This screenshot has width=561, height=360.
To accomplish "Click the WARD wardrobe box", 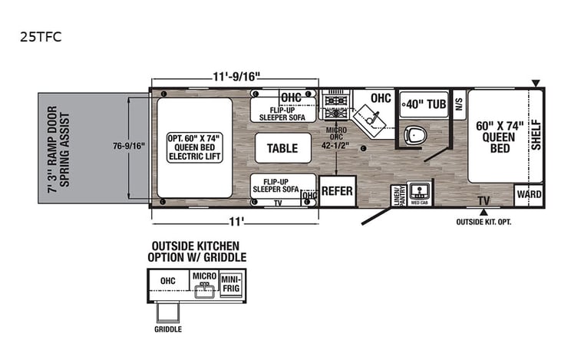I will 529,195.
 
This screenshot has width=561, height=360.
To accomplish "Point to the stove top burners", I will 334,101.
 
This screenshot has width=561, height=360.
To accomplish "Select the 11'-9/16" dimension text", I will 236,76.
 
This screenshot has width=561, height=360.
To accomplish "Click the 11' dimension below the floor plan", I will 236,223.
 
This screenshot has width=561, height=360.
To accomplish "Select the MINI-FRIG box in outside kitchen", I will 232,285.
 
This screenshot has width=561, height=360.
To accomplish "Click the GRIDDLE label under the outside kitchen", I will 168,329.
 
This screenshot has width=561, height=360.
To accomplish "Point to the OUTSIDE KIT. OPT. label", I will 483,222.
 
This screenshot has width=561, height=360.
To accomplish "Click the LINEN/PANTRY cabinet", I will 398,197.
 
